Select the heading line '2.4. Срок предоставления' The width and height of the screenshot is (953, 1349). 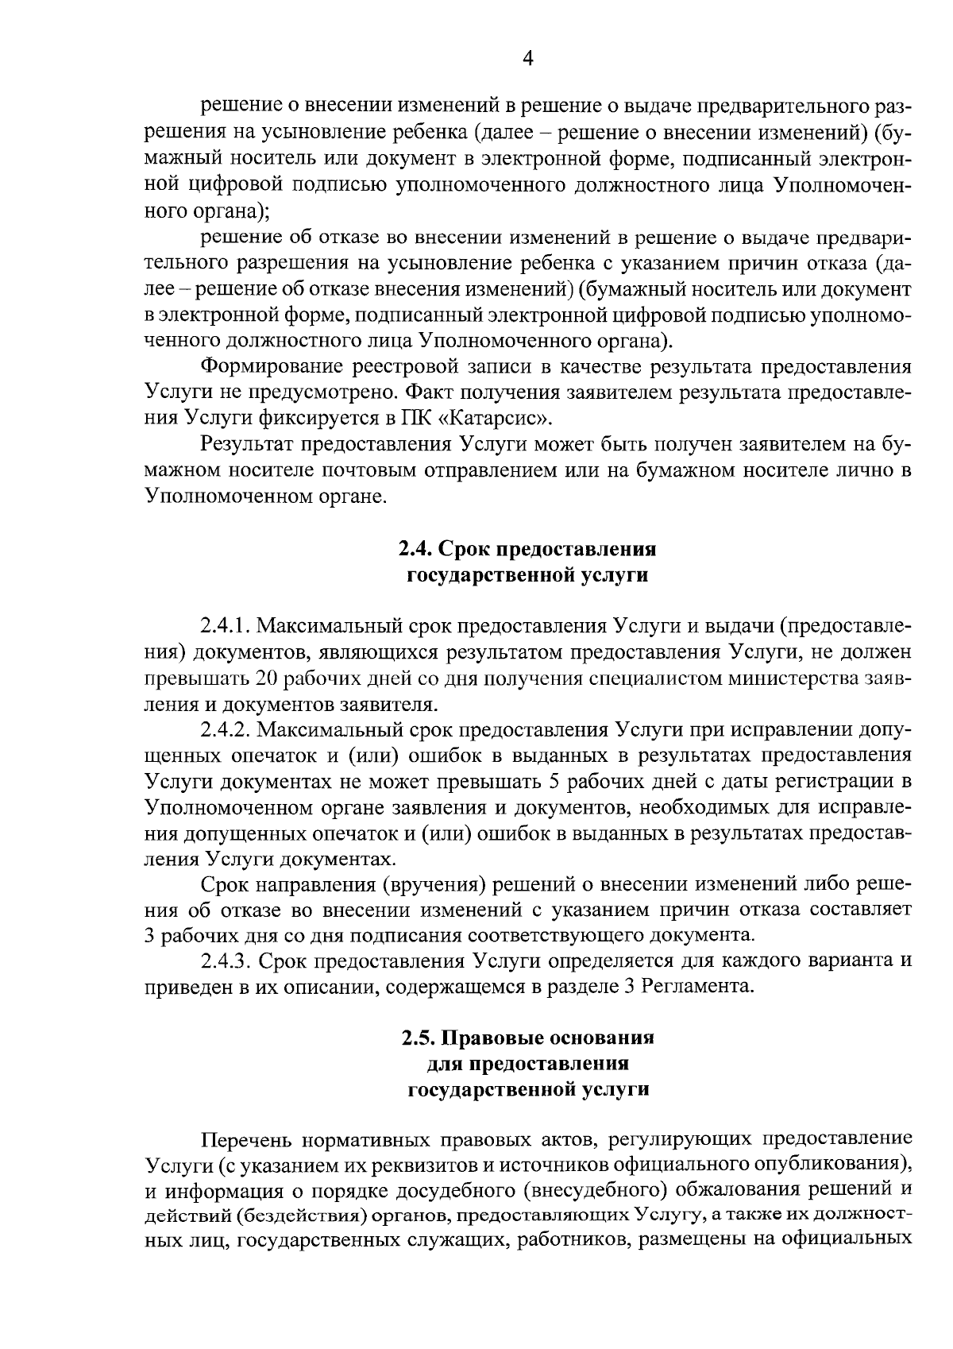click(x=527, y=549)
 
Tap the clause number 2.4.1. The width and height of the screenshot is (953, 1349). click(x=226, y=626)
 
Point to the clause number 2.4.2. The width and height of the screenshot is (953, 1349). click(x=226, y=729)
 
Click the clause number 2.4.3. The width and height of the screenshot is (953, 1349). click(x=226, y=961)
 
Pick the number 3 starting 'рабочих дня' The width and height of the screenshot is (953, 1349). click(x=151, y=934)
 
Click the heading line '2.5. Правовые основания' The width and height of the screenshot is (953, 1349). click(x=527, y=1038)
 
